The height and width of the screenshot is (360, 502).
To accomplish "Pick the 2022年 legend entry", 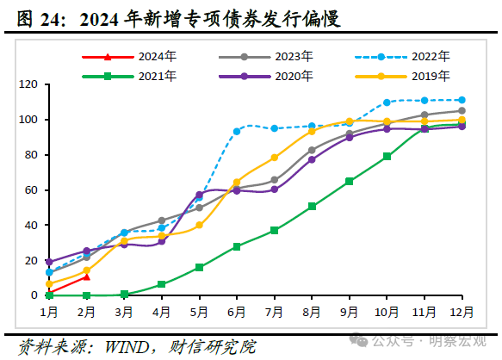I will click(405, 57).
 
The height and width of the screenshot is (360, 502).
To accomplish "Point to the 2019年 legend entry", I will click(405, 76).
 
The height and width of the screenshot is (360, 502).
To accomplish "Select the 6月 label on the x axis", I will click(237, 312).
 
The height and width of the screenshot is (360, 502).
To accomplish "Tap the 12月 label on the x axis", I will click(462, 312).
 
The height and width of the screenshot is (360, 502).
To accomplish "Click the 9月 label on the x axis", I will click(349, 312).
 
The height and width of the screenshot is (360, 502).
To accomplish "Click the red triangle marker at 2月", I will click(86, 276).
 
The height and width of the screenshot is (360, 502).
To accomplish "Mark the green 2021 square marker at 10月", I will click(387, 157).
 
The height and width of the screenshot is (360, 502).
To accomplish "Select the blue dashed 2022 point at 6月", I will click(237, 132).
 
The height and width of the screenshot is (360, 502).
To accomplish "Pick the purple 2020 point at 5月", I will click(199, 195).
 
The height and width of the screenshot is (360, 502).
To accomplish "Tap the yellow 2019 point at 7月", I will click(274, 158).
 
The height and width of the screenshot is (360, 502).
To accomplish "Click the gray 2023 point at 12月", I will click(462, 110).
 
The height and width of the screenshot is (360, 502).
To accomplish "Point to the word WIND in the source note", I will click(129, 347).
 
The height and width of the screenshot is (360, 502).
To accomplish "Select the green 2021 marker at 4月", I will click(161, 284).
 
